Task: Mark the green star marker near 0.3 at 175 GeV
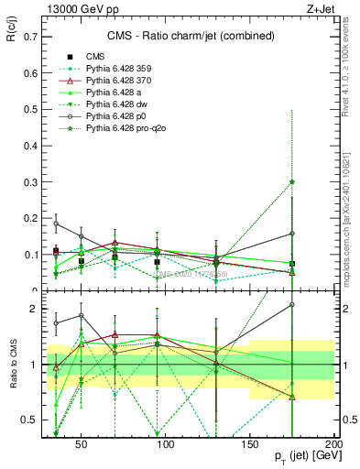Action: pos(292,181)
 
